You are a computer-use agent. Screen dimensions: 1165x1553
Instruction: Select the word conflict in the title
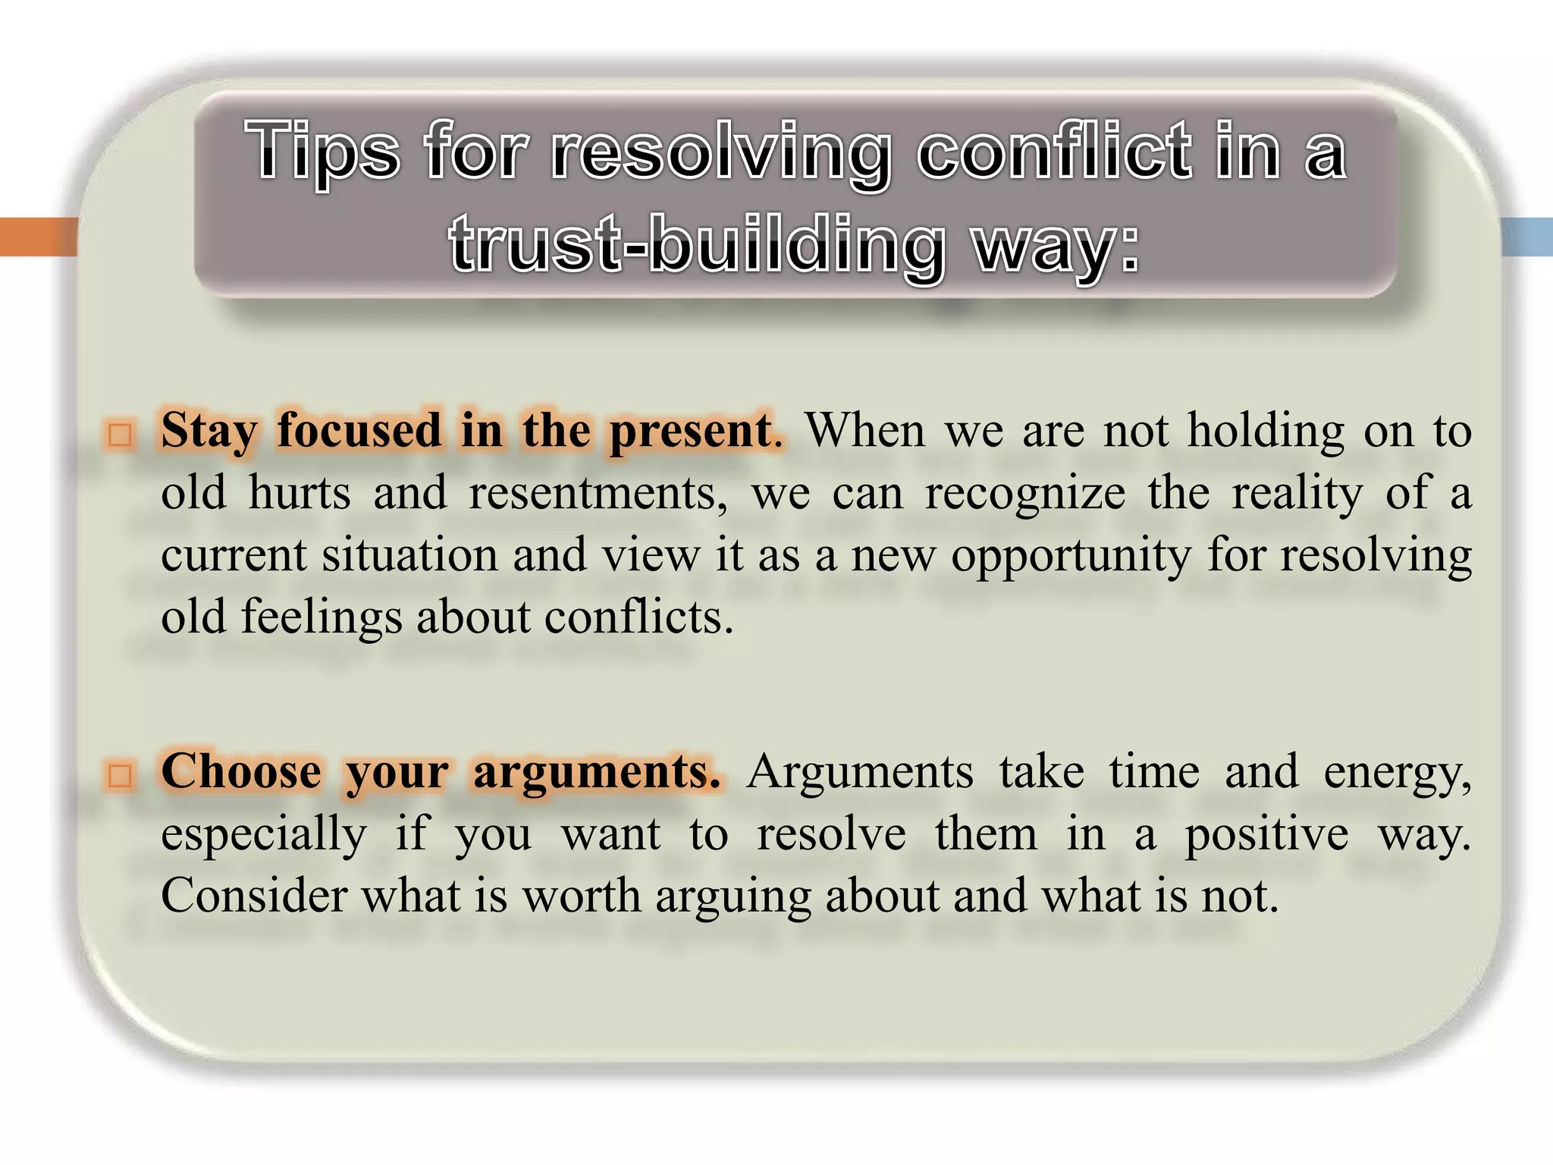pyautogui.click(x=1054, y=152)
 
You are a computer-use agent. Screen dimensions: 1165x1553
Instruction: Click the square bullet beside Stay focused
pyautogui.click(x=120, y=435)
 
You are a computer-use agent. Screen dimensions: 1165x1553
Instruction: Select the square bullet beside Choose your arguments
pyautogui.click(x=120, y=775)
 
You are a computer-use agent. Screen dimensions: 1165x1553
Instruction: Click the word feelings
pyautogui.click(x=322, y=617)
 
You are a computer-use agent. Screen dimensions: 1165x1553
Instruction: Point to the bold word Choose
pyautogui.click(x=241, y=773)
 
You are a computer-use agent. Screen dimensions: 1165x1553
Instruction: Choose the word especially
pyautogui.click(x=264, y=835)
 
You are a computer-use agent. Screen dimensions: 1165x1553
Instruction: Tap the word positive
pyautogui.click(x=1266, y=835)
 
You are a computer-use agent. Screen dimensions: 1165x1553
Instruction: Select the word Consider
pyautogui.click(x=254, y=897)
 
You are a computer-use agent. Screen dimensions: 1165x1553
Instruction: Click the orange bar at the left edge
pyautogui.click(x=38, y=237)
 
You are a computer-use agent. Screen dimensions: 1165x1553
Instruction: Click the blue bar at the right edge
pyautogui.click(x=1526, y=237)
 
